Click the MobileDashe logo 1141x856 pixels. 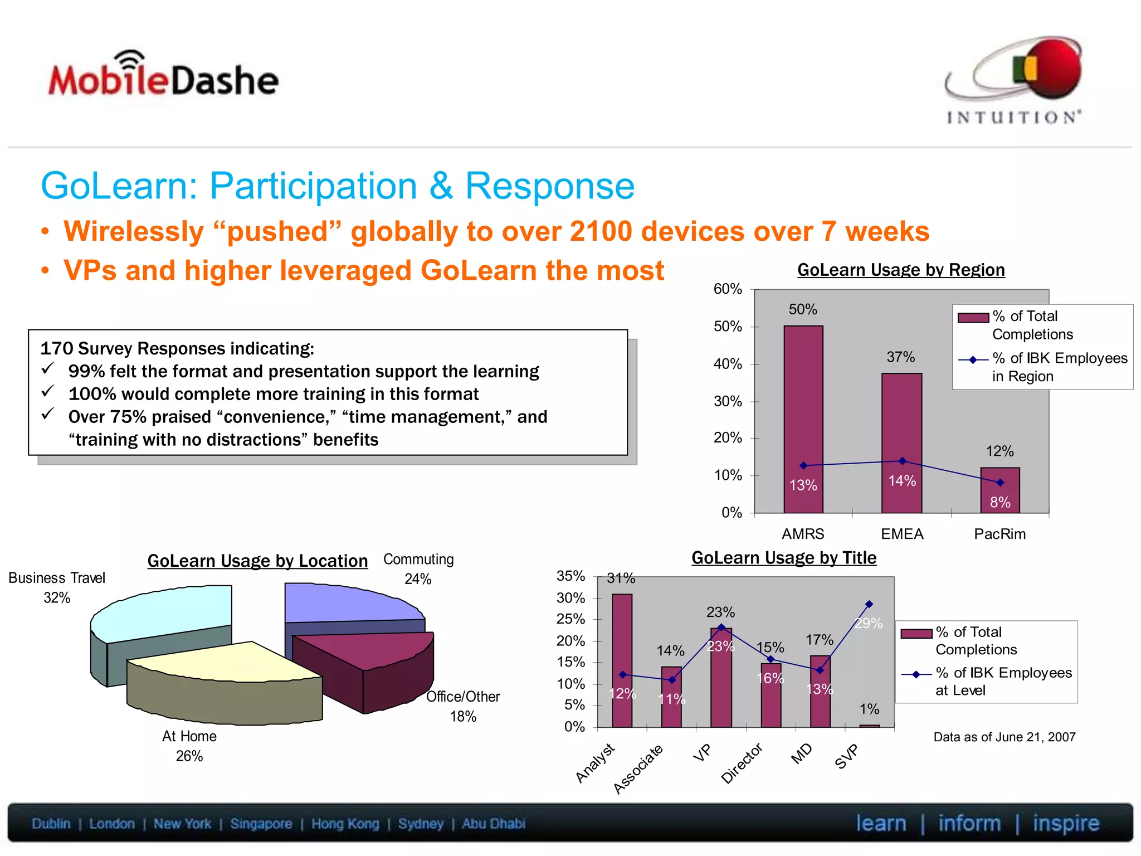tap(163, 77)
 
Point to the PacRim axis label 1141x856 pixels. tap(999, 534)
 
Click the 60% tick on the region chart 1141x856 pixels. tap(728, 289)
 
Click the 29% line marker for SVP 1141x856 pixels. tap(869, 604)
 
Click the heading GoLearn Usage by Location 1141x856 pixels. tap(257, 561)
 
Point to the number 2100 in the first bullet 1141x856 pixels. tap(601, 231)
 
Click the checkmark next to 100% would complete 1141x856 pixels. tap(48, 392)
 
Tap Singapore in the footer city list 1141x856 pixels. tap(261, 824)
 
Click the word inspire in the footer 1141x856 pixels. tap(1065, 823)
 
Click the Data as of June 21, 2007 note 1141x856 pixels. tap(1004, 737)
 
